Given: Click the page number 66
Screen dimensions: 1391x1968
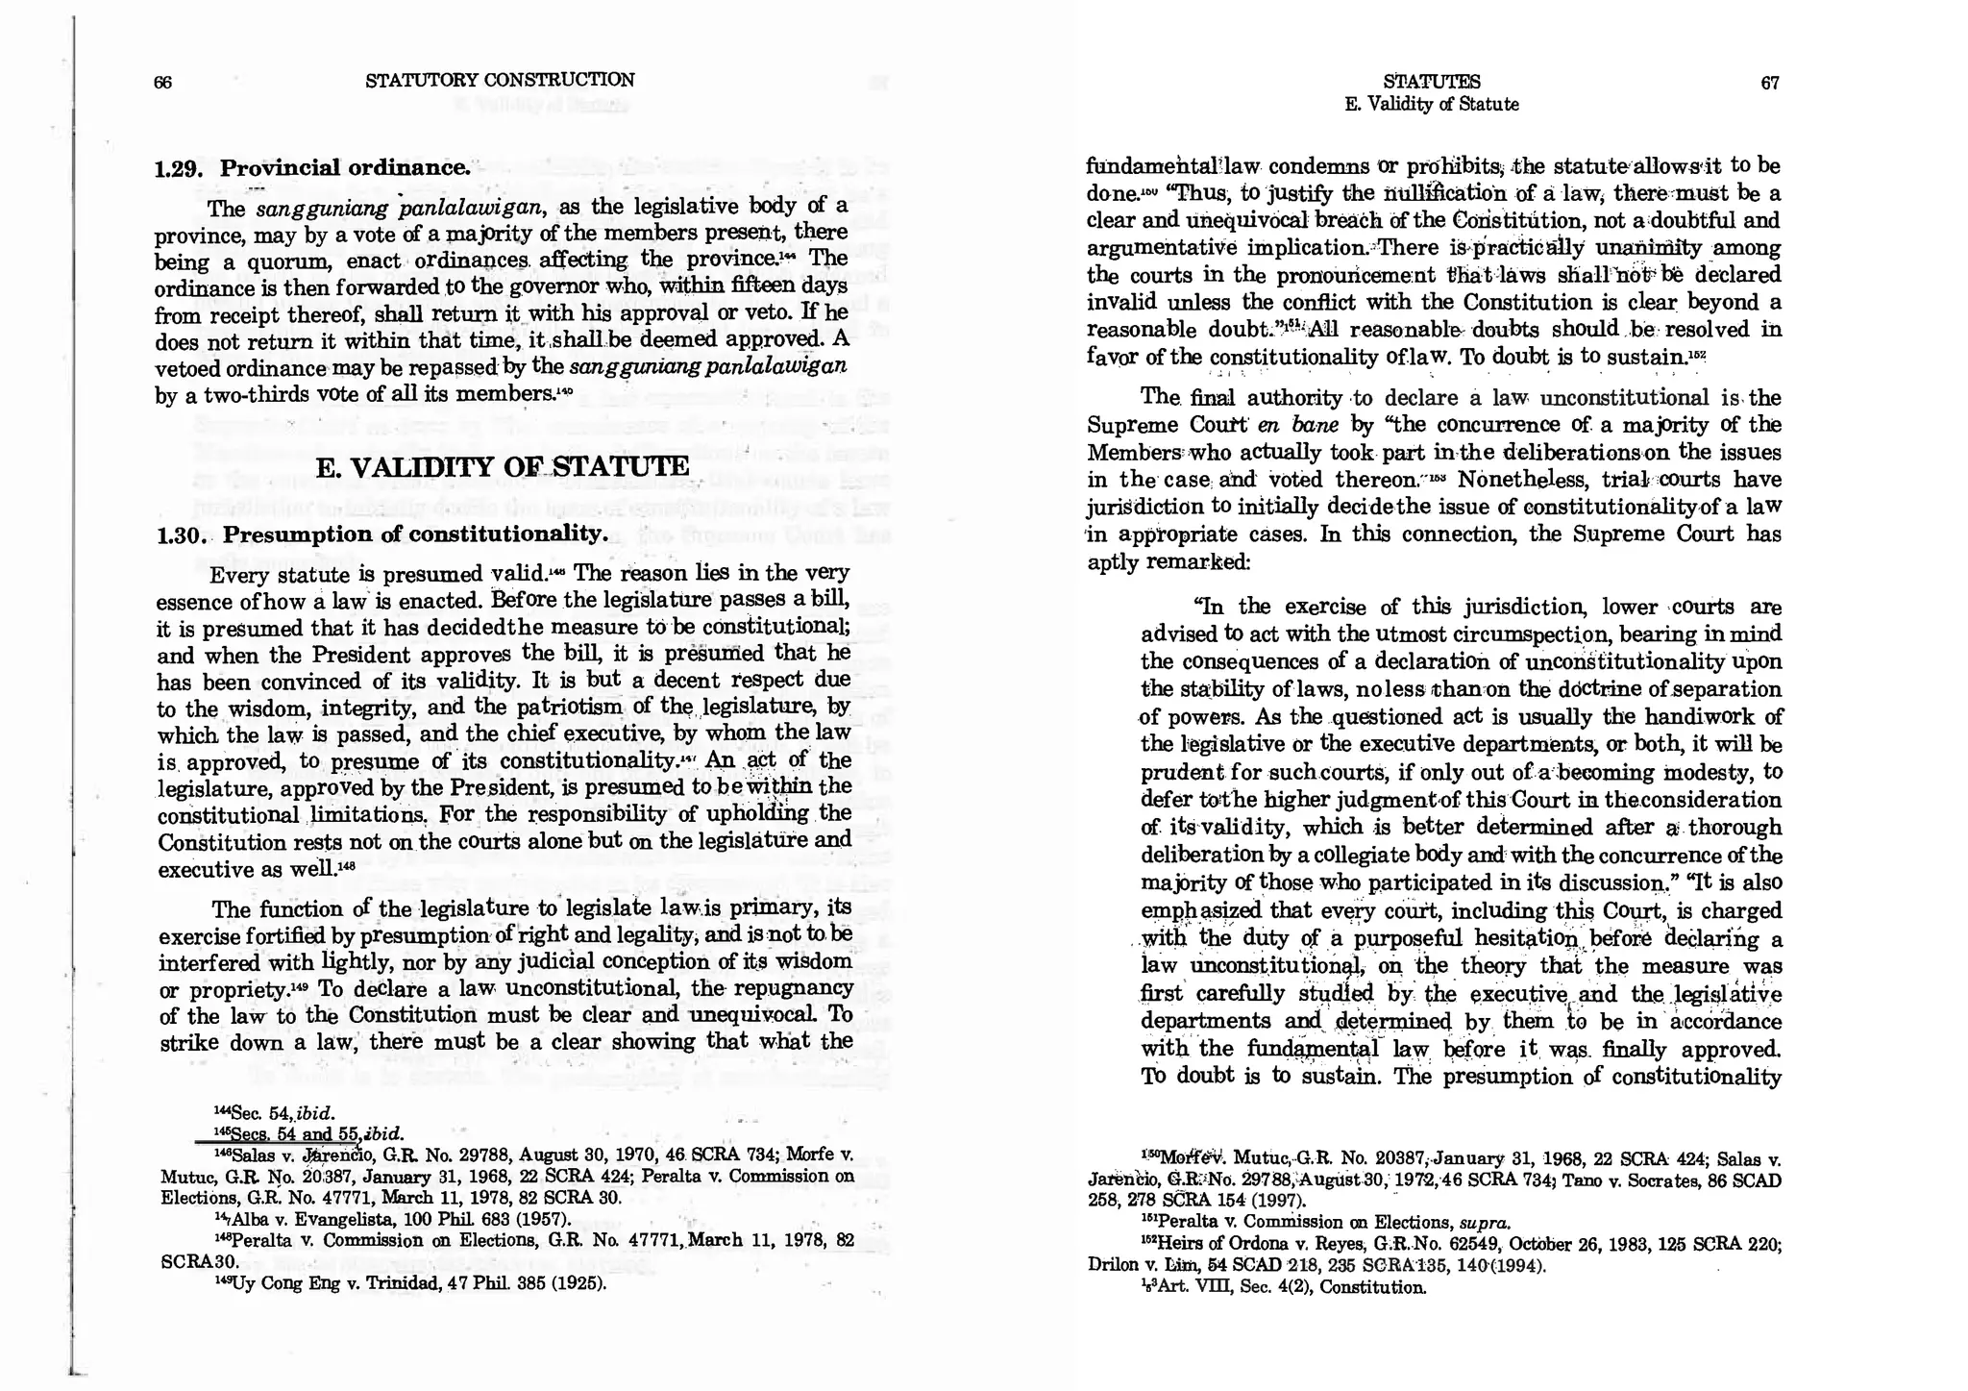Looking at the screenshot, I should coord(162,83).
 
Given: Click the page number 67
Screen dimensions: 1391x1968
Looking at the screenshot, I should coord(1770,83).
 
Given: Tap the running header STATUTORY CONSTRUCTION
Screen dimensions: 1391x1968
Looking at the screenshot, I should coord(500,81).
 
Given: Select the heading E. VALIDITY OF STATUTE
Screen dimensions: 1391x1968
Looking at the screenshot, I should coord(503,467).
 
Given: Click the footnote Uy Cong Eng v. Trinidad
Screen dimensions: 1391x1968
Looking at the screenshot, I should coord(408,1283).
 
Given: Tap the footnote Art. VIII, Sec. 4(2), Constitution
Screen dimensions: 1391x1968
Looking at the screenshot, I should coord(1283,1287).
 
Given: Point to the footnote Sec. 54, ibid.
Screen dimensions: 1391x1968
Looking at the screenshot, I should coord(274,1113).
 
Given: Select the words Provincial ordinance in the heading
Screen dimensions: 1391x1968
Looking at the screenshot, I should coord(346,168).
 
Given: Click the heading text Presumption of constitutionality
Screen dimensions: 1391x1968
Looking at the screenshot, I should coord(415,534).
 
